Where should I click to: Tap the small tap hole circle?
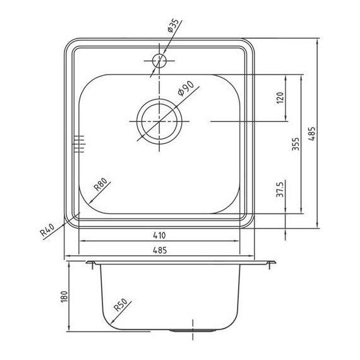(x=159, y=61)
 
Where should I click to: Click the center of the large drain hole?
(x=160, y=121)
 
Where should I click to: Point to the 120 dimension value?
(x=280, y=98)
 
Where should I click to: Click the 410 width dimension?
(x=159, y=235)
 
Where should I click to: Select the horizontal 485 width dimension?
(x=159, y=251)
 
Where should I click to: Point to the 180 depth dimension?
(x=62, y=296)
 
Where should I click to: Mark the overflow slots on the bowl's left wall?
(x=79, y=143)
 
